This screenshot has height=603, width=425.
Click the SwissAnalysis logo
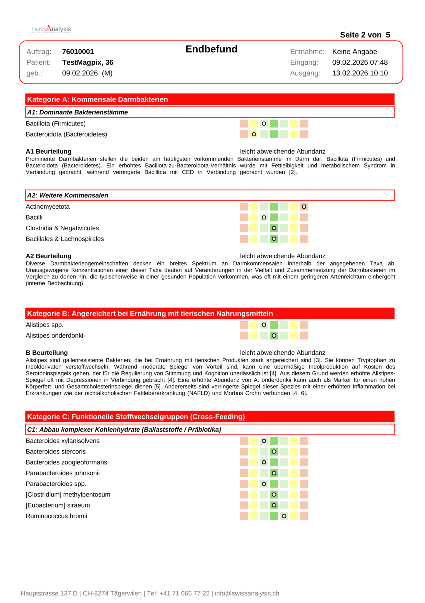pyautogui.click(x=51, y=29)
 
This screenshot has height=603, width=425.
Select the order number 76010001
pyautogui.click(x=78, y=52)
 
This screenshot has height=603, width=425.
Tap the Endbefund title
pyautogui.click(x=211, y=49)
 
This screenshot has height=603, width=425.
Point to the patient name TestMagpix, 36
pyautogui.click(x=88, y=62)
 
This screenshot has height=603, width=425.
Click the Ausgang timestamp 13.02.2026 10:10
pyautogui.click(x=360, y=73)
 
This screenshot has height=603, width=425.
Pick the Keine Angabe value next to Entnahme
pyautogui.click(x=354, y=52)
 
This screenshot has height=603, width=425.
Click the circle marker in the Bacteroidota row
pyautogui.click(x=254, y=134)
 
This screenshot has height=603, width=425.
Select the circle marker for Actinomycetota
pyautogui.click(x=304, y=207)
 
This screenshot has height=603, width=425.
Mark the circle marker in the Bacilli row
pyautogui.click(x=264, y=217)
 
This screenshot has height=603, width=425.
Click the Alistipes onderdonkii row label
pyautogui.click(x=55, y=336)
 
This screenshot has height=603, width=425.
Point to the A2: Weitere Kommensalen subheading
pyautogui.click(x=68, y=195)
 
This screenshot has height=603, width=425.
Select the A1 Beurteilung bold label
pyautogui.click(x=48, y=152)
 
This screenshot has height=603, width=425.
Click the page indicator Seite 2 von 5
pyautogui.click(x=365, y=35)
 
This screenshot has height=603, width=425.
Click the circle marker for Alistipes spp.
pyautogui.click(x=264, y=325)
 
